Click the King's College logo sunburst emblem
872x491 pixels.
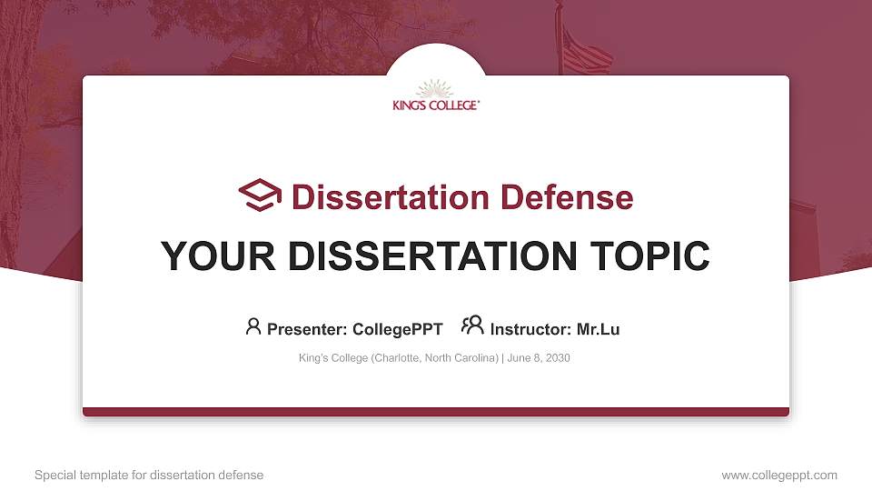[436, 89]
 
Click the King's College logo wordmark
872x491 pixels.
[436, 105]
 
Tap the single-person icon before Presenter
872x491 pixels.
[253, 326]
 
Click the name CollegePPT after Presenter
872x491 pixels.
[397, 329]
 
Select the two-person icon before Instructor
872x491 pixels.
[472, 326]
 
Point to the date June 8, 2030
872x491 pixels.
[539, 358]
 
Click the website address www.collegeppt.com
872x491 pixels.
[779, 475]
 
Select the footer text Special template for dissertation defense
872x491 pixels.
[149, 475]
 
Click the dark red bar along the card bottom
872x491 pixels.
[436, 412]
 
